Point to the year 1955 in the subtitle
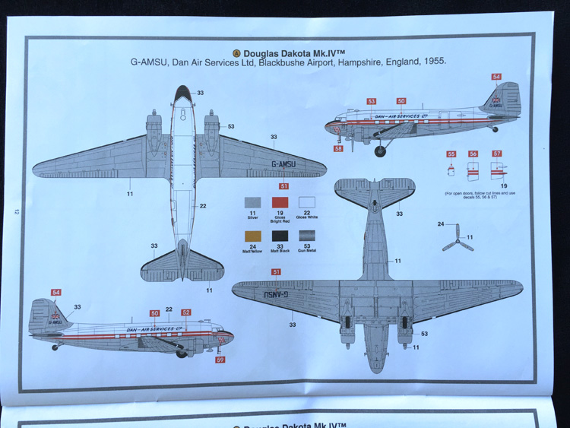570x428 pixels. point(434,62)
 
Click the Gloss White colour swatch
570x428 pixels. point(307,203)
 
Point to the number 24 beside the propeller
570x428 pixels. point(441,224)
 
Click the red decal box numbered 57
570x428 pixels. point(497,154)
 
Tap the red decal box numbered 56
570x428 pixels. point(473,154)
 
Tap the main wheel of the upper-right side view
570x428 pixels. point(380,151)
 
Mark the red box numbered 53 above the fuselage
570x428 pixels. point(371,101)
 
